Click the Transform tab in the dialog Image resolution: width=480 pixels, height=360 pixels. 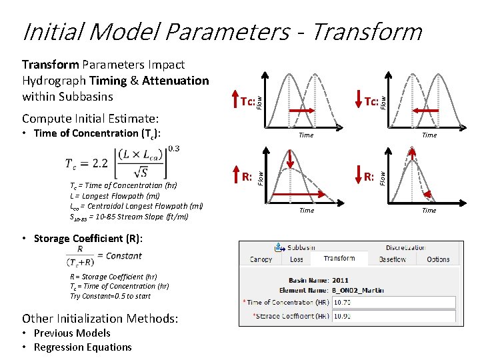pyautogui.click(x=339, y=259)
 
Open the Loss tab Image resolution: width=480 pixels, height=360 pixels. pyautogui.click(x=297, y=259)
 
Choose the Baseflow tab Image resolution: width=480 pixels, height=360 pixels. pyautogui.click(x=392, y=259)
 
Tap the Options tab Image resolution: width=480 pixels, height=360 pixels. pyautogui.click(x=438, y=259)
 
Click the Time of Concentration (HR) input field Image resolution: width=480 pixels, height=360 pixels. pyautogui.click(x=393, y=303)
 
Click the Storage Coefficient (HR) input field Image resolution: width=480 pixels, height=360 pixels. pyautogui.click(x=393, y=316)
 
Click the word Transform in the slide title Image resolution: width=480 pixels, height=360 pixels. pyautogui.click(x=366, y=31)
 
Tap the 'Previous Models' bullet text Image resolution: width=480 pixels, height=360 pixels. pyautogui.click(x=72, y=333)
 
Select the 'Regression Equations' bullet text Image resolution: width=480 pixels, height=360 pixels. pyautogui.click(x=83, y=347)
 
